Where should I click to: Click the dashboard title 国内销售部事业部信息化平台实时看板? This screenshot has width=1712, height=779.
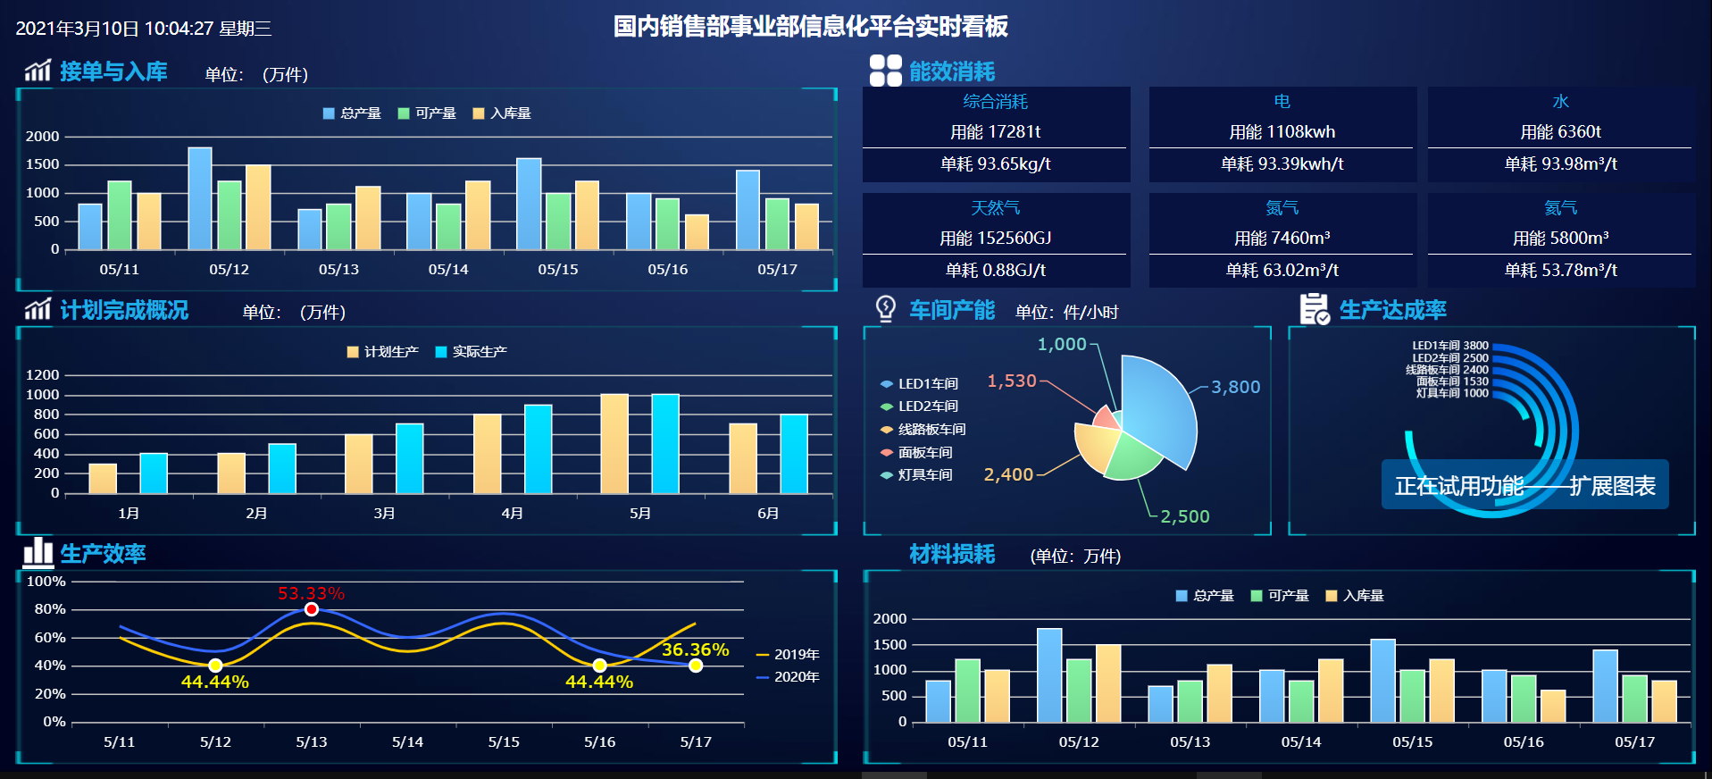810,27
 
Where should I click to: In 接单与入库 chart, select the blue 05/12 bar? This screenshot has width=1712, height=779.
200,198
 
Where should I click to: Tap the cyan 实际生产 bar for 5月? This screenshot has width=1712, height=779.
665,443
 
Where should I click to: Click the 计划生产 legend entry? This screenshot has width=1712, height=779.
382,352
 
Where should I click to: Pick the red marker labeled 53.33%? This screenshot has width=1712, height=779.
311,609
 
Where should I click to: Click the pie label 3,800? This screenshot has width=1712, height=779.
1236,387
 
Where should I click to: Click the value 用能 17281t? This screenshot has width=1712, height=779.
996,132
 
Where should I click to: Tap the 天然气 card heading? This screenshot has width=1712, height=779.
996,208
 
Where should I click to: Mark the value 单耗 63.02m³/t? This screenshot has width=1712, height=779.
1282,270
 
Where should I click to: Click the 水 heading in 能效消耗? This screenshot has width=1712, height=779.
1560,102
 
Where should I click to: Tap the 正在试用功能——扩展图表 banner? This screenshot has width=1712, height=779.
1524,485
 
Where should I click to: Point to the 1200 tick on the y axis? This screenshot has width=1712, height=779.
42,375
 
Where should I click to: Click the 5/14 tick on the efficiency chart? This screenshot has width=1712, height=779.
407,741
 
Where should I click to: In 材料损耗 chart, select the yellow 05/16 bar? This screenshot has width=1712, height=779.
1553,706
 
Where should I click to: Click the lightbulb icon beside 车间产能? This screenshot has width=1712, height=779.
885,309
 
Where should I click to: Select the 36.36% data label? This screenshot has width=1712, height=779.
695,649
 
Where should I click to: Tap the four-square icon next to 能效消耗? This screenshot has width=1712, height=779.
885,71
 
